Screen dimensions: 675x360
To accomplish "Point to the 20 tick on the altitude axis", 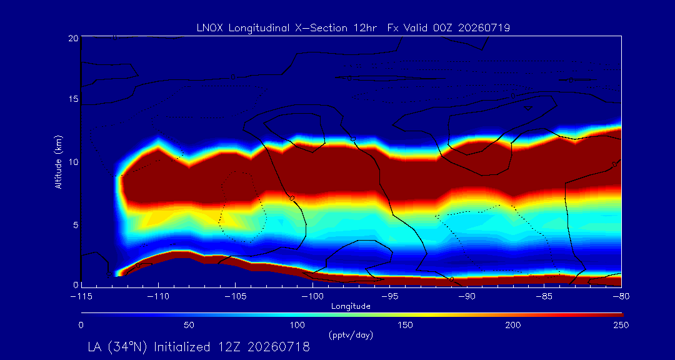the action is (72, 38).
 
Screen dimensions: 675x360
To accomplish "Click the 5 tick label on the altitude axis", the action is (75, 225).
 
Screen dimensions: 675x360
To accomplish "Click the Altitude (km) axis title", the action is (58, 161).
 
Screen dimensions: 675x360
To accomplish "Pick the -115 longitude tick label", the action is (82, 297).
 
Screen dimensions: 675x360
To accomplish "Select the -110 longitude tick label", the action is (158, 297).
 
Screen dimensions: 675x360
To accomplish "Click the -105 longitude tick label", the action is (236, 297).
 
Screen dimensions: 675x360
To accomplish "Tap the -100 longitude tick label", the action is (312, 297).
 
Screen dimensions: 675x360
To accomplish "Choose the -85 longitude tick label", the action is (544, 297).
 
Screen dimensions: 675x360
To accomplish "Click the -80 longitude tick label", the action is (621, 297).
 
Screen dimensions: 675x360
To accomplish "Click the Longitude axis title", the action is (351, 307).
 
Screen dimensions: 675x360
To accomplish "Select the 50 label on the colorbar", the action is (189, 325).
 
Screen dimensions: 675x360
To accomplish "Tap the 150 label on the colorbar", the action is (405, 325).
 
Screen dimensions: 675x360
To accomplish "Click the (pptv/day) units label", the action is (351, 334).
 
